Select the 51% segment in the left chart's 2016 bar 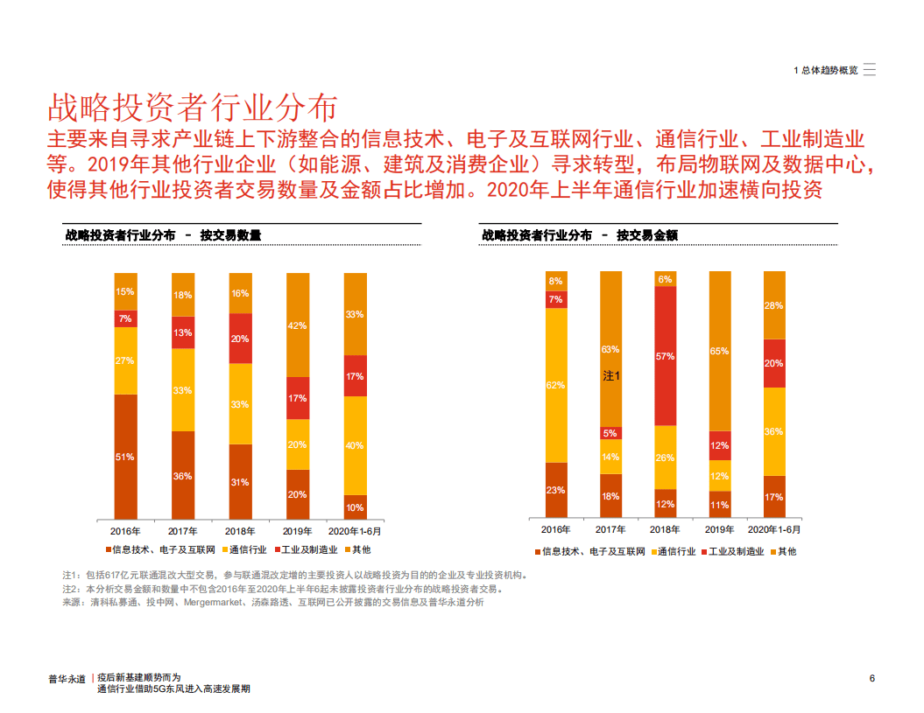coord(125,456)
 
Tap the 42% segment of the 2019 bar coord(298,325)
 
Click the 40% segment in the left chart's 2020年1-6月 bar coord(355,445)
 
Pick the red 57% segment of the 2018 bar coord(665,356)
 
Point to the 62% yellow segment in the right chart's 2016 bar coord(555,385)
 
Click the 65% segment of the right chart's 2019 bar coord(720,351)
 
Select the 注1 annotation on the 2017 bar coord(610,376)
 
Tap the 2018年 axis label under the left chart coord(239,531)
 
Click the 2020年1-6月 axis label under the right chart coord(773,530)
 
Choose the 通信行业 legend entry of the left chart coord(247,549)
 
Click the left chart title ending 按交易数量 coord(163,235)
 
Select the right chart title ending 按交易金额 coord(580,235)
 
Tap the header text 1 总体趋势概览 coord(825,71)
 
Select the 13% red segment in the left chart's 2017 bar coord(182,332)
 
